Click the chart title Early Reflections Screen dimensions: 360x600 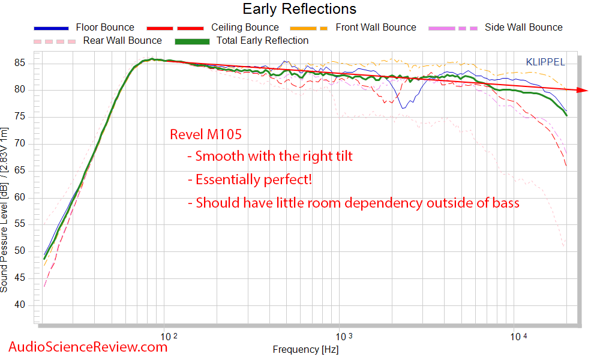click(299, 9)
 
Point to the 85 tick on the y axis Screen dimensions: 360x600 click(22, 63)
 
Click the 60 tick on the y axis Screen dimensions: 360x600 click(22, 197)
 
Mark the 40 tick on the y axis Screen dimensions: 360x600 click(22, 305)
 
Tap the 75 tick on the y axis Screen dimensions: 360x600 click(22, 117)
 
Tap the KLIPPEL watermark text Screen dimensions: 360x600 click(545, 62)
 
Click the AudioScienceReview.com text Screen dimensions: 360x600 click(88, 347)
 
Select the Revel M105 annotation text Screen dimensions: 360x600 click(206, 135)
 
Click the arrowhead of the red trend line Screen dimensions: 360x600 click(582, 90)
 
